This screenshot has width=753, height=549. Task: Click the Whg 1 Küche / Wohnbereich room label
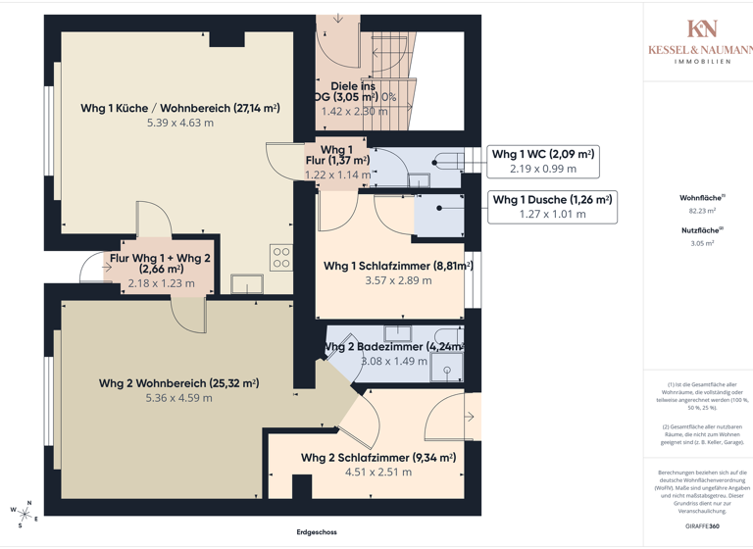pyautogui.click(x=179, y=108)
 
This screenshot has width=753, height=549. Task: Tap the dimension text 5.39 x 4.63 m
pyautogui.click(x=179, y=124)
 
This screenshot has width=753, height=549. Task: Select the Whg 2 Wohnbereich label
pyautogui.click(x=178, y=383)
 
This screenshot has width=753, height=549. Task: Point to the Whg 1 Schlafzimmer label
pyautogui.click(x=398, y=265)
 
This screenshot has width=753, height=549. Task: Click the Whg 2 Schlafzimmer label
pyautogui.click(x=377, y=458)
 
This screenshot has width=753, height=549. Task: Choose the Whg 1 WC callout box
pyautogui.click(x=542, y=161)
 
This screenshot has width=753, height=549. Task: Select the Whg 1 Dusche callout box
pyautogui.click(x=552, y=206)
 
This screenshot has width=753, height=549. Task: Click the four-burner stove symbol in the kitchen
pyautogui.click(x=281, y=258)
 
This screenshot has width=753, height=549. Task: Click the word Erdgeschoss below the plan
pyautogui.click(x=317, y=532)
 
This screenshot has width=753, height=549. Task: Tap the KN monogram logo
pyautogui.click(x=702, y=28)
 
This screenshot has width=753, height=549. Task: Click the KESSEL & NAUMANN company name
pyautogui.click(x=700, y=50)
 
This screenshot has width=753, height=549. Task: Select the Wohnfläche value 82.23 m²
pyautogui.click(x=702, y=210)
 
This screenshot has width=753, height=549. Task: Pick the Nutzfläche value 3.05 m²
pyautogui.click(x=702, y=242)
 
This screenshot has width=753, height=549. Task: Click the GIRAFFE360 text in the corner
pyautogui.click(x=701, y=526)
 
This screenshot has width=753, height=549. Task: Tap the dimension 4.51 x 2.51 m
pyautogui.click(x=377, y=473)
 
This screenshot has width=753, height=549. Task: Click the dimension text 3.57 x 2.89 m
pyautogui.click(x=398, y=280)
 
